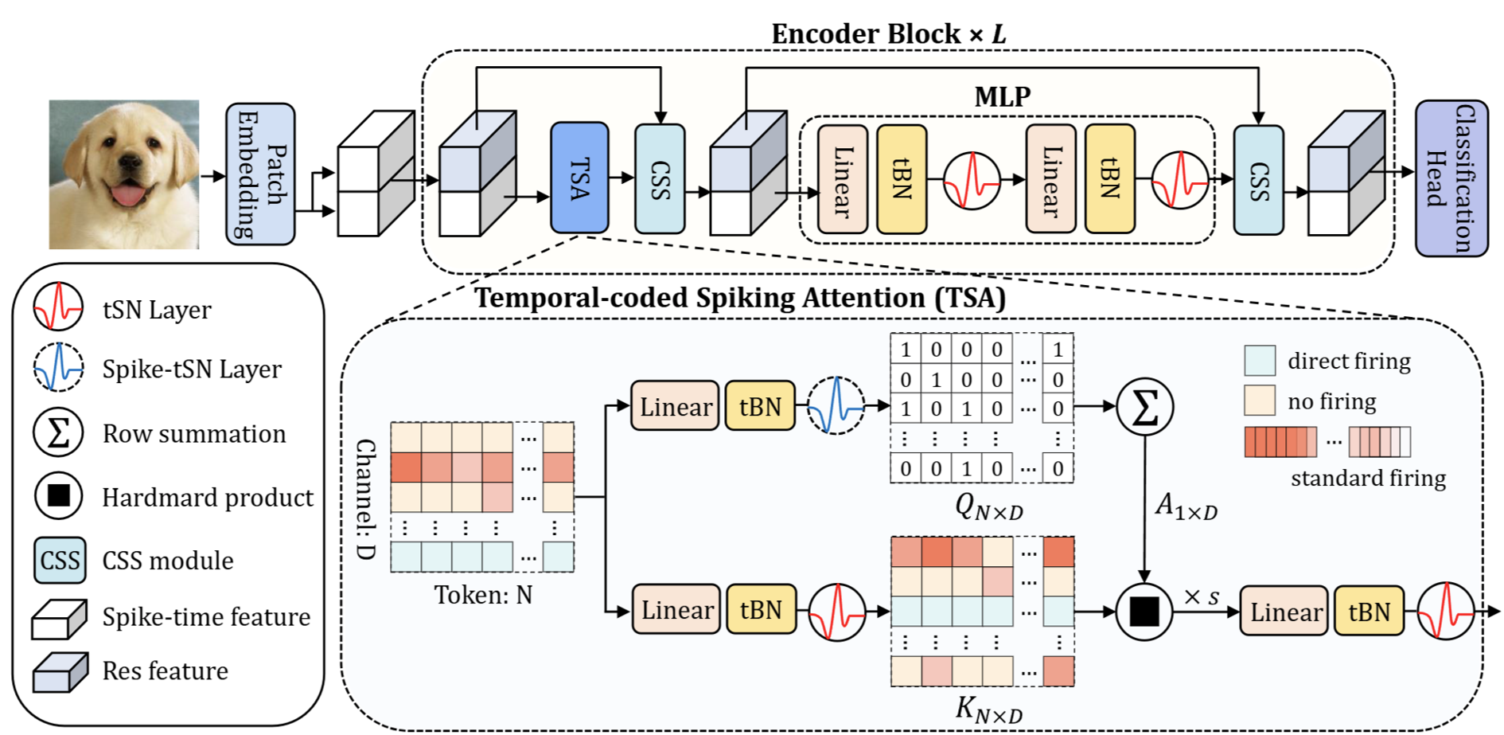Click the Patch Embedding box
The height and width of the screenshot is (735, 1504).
(x=260, y=174)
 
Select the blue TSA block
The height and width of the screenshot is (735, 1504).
(x=579, y=178)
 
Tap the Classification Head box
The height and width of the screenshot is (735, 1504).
(x=1451, y=178)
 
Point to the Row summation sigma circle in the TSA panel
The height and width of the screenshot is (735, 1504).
(x=1144, y=407)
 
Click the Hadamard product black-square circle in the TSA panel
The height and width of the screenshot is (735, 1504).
(x=1144, y=612)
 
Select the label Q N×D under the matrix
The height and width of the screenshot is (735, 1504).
(x=989, y=506)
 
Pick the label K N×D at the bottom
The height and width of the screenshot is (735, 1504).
(x=989, y=709)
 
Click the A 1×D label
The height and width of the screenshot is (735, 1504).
(x=1186, y=506)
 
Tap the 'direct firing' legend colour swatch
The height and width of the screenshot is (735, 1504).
(x=1260, y=360)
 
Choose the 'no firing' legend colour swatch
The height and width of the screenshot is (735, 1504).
(x=1260, y=401)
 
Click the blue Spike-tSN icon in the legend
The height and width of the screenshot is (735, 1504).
(x=58, y=367)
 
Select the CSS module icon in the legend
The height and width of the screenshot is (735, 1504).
(x=60, y=561)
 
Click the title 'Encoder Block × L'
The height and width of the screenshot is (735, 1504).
(x=889, y=34)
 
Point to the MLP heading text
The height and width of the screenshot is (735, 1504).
(x=1003, y=96)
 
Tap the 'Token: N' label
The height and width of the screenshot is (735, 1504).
(x=483, y=595)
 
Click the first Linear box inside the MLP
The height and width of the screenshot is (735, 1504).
(x=843, y=179)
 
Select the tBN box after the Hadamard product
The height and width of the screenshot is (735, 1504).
(x=1369, y=612)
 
